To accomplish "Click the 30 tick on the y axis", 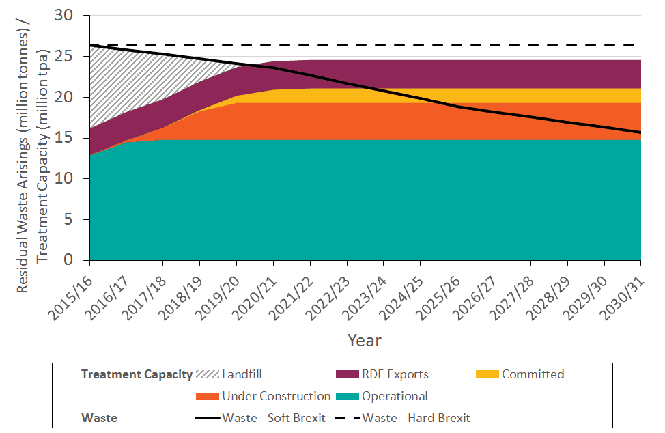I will pyautogui.click(x=72, y=15).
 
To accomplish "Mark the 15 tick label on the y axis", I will pyautogui.click(x=72, y=138).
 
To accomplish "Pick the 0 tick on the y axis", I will pyautogui.click(x=76, y=260).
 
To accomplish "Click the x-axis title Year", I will pyautogui.click(x=364, y=340).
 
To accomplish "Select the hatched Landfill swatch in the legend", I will pyautogui.click(x=208, y=374).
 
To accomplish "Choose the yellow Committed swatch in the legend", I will pyautogui.click(x=487, y=374).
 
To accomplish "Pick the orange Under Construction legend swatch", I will pyautogui.click(x=208, y=396).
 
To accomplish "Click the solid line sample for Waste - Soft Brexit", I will pyautogui.click(x=208, y=418).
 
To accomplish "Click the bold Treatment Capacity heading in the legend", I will pyautogui.click(x=137, y=374).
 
